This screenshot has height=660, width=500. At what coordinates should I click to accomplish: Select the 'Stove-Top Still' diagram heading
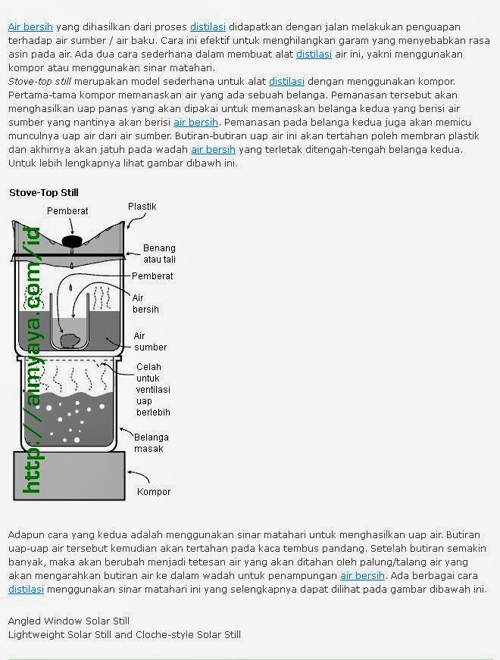[x=43, y=193]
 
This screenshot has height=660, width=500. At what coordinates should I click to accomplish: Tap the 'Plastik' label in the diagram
[x=142, y=206]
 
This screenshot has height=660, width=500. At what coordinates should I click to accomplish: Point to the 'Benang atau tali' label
[x=159, y=254]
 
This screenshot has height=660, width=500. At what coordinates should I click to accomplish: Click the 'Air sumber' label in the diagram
[x=150, y=341]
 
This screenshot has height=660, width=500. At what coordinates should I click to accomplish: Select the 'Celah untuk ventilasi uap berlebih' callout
[x=152, y=390]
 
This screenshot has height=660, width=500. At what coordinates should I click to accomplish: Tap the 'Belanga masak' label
[x=151, y=443]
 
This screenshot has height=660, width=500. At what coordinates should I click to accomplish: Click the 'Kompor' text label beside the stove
[x=153, y=492]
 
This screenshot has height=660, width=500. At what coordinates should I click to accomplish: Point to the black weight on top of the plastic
[x=71, y=241]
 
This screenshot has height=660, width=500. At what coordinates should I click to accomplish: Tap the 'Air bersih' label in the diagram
[x=145, y=304]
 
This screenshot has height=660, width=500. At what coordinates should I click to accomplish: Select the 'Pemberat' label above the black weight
[x=67, y=211]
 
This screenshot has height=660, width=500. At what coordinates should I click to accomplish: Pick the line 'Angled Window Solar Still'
[x=69, y=621]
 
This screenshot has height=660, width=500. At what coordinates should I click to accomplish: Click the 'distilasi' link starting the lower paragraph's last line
[x=26, y=589]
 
